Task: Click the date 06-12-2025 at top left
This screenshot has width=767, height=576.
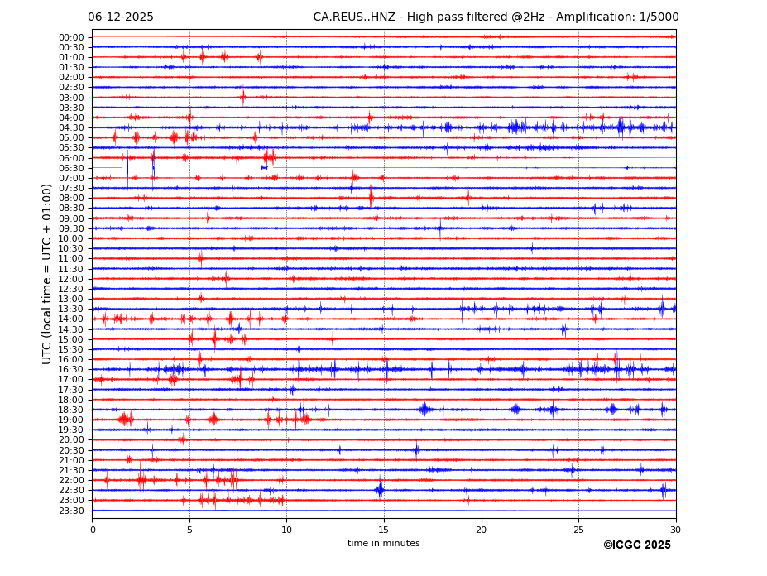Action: [121, 17]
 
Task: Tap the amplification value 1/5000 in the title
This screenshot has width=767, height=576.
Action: [660, 17]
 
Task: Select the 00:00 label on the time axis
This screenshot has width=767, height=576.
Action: [71, 37]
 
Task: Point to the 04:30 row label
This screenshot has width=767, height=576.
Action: [71, 127]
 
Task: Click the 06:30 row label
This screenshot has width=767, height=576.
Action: [71, 168]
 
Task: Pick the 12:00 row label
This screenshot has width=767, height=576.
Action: [71, 279]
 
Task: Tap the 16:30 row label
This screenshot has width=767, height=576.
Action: [71, 369]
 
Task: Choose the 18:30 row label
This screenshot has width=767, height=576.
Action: [71, 410]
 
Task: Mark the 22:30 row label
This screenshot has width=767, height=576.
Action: [71, 490]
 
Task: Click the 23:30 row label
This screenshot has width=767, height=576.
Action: [71, 511]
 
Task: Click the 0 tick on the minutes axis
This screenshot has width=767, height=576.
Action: [93, 530]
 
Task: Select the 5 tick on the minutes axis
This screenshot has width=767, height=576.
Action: [189, 530]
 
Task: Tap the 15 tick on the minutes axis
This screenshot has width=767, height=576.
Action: [384, 530]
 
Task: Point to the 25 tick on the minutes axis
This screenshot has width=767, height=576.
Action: [578, 530]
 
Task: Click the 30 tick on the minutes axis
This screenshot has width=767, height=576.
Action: [675, 530]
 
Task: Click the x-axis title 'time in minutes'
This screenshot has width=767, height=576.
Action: [383, 544]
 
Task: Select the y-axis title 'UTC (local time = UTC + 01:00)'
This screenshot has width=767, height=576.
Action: [48, 273]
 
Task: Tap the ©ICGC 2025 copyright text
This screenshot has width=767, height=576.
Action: [636, 545]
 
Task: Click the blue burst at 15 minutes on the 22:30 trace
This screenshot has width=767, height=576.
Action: [380, 489]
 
